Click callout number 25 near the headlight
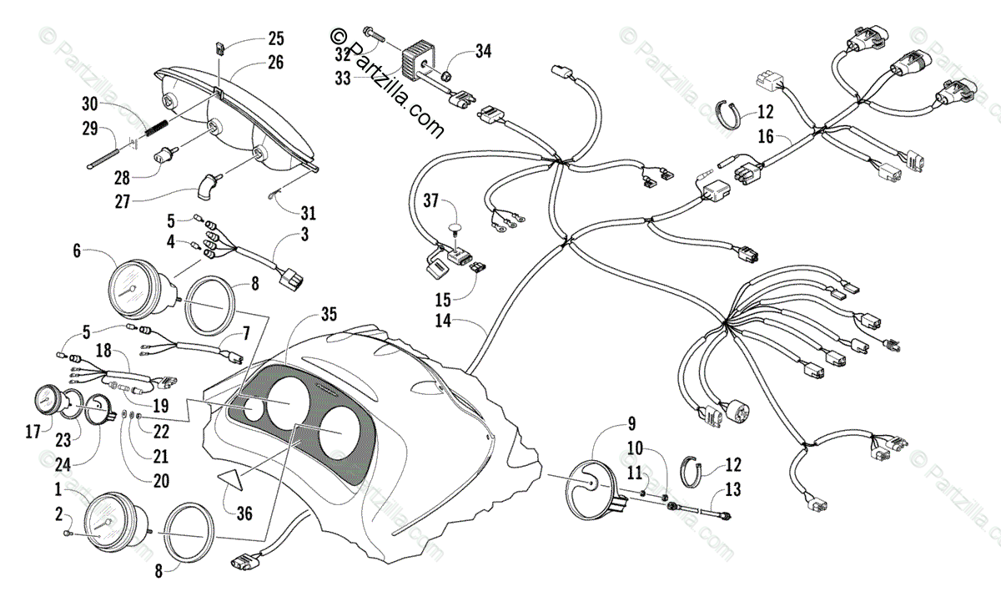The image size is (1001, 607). [275, 38]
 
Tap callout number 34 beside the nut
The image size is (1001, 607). [484, 52]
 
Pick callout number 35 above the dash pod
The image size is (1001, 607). [329, 314]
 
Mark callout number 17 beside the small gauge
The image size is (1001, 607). [32, 432]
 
